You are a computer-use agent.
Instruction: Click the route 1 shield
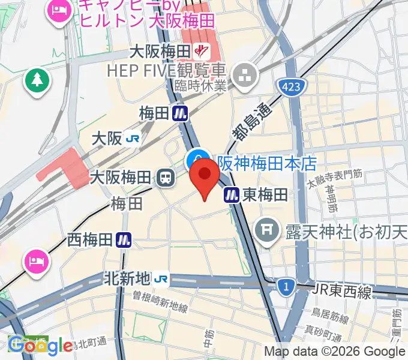coord(287,288)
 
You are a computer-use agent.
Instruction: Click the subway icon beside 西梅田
coord(124,240)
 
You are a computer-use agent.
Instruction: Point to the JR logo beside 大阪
coord(133,139)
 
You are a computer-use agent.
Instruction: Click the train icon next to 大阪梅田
coord(163,178)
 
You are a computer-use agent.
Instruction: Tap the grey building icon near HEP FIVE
coord(245,75)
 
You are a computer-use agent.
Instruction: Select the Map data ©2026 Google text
coord(335,352)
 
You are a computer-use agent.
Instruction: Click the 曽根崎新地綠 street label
coord(161,303)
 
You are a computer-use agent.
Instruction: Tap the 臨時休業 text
coord(201,86)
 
